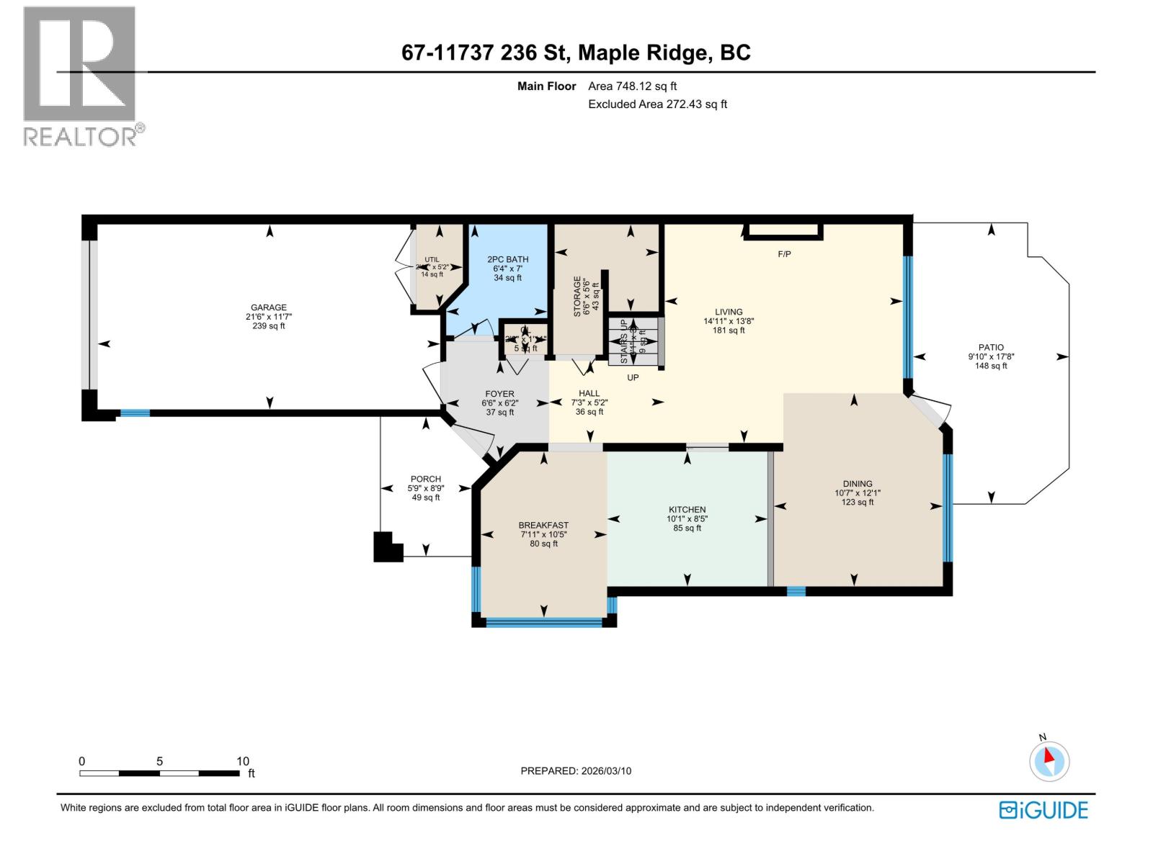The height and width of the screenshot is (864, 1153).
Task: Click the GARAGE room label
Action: coord(268,307)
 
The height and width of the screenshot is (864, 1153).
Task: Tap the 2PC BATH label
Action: coord(507,259)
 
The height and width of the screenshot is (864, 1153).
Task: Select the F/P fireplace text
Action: coord(784,254)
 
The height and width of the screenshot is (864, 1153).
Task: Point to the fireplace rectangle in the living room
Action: coord(783,230)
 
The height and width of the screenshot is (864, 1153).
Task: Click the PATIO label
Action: coord(991,347)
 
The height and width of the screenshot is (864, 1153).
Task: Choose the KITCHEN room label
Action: coord(687,510)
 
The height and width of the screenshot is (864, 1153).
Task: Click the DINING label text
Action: coord(857,484)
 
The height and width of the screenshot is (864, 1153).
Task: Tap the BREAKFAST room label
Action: coord(543,525)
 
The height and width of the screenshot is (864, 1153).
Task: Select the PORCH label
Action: coord(425,479)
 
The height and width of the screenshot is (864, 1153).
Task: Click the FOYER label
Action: coord(499,394)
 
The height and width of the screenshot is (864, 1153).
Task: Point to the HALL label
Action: coord(589,393)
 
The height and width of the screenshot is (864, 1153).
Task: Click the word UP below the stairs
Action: coord(633,377)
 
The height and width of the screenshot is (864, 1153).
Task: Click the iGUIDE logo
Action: coord(1043,810)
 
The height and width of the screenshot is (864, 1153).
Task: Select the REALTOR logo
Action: coord(80,76)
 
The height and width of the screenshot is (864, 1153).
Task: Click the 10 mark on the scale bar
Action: coord(243,761)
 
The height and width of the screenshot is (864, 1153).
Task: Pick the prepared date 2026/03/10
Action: coord(605,770)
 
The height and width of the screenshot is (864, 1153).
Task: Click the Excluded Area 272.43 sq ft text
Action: coord(657,104)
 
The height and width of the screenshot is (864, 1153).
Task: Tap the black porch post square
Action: coord(386,547)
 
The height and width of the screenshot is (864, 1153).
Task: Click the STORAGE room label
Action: coord(576,296)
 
